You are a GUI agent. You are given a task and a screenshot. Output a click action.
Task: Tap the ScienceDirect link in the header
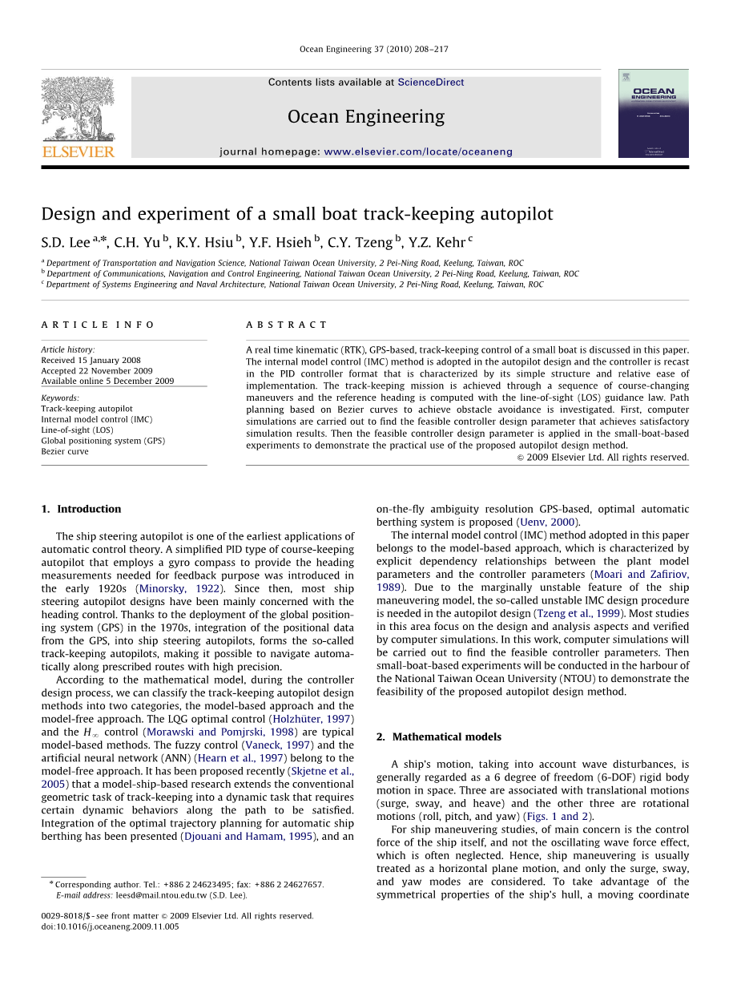(x=430, y=83)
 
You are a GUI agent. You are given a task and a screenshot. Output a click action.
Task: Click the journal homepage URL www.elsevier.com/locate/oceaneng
(x=417, y=151)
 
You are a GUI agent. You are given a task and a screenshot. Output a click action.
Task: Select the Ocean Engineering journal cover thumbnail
(x=653, y=113)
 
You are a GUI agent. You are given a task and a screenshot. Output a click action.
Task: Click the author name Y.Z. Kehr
(x=437, y=241)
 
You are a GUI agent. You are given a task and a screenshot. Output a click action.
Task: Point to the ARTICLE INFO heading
(x=98, y=325)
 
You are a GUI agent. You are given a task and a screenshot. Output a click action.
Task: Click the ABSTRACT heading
(x=286, y=325)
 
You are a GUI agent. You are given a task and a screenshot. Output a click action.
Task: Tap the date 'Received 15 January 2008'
(x=91, y=361)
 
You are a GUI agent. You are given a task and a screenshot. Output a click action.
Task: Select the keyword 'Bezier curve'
(x=65, y=452)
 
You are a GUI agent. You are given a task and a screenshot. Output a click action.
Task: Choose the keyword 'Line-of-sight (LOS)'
(x=77, y=430)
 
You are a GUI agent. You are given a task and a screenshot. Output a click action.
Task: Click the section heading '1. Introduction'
(x=81, y=509)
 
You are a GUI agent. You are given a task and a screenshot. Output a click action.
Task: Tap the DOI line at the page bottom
(x=110, y=926)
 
